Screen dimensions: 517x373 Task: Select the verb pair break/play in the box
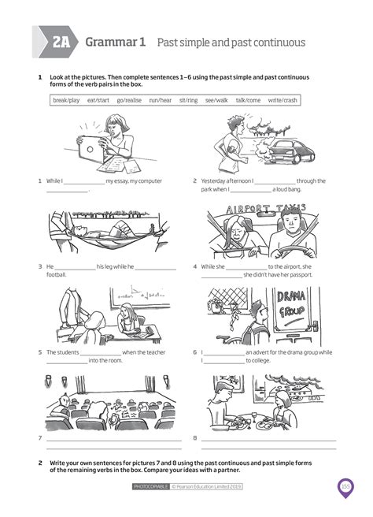(x=66, y=101)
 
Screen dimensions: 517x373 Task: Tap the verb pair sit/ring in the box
(x=188, y=101)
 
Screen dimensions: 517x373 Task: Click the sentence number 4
(x=194, y=266)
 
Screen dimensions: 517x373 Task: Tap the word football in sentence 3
(x=57, y=275)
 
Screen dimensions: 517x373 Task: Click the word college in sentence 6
(x=261, y=360)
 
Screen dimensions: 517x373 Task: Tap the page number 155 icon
(x=345, y=486)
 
